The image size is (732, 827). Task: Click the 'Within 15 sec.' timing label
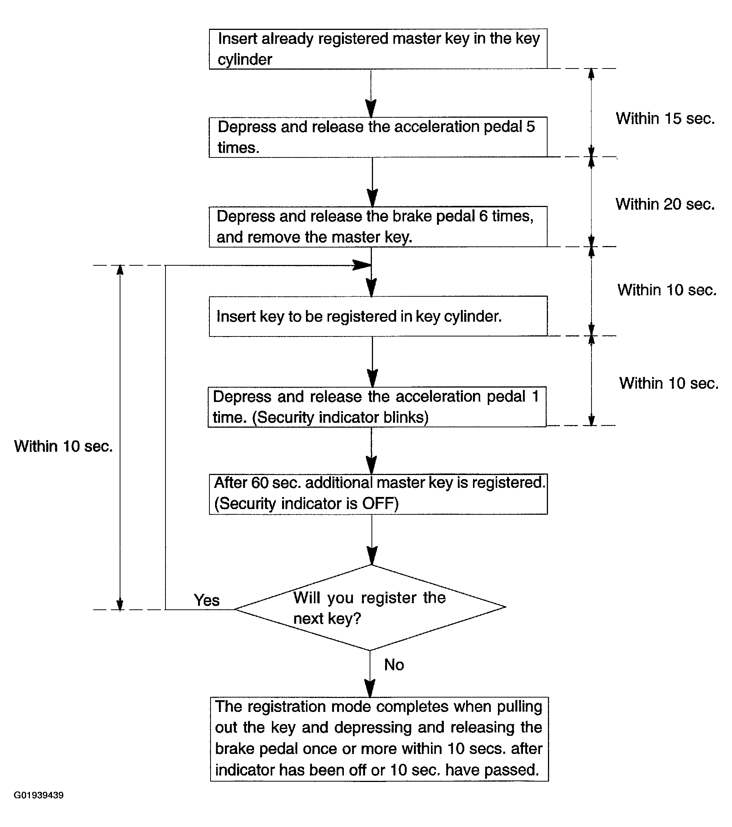[x=665, y=118]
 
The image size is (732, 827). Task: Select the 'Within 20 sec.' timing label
[x=665, y=204]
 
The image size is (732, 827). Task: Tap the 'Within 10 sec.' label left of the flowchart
[x=63, y=446]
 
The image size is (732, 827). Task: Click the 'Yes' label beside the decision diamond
[x=206, y=600]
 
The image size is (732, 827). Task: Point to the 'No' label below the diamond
[x=394, y=665]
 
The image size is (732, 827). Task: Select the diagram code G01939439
[x=39, y=795]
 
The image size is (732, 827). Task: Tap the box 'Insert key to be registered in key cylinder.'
[x=378, y=316]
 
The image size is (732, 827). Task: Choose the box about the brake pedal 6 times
[x=378, y=227]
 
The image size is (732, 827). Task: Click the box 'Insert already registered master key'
[x=378, y=48]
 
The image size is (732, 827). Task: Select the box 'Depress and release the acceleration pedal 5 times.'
[x=378, y=137]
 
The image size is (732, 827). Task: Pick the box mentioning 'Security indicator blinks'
[x=377, y=406]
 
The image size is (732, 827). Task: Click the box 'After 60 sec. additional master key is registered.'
[x=378, y=494]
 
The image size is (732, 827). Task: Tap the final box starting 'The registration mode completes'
[x=379, y=739]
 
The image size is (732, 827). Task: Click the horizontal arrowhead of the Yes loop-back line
[x=362, y=265]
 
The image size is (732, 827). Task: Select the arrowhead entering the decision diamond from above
[x=371, y=556]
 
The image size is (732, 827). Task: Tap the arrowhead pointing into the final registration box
[x=370, y=688]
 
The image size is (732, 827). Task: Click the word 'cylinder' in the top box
[x=245, y=60]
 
